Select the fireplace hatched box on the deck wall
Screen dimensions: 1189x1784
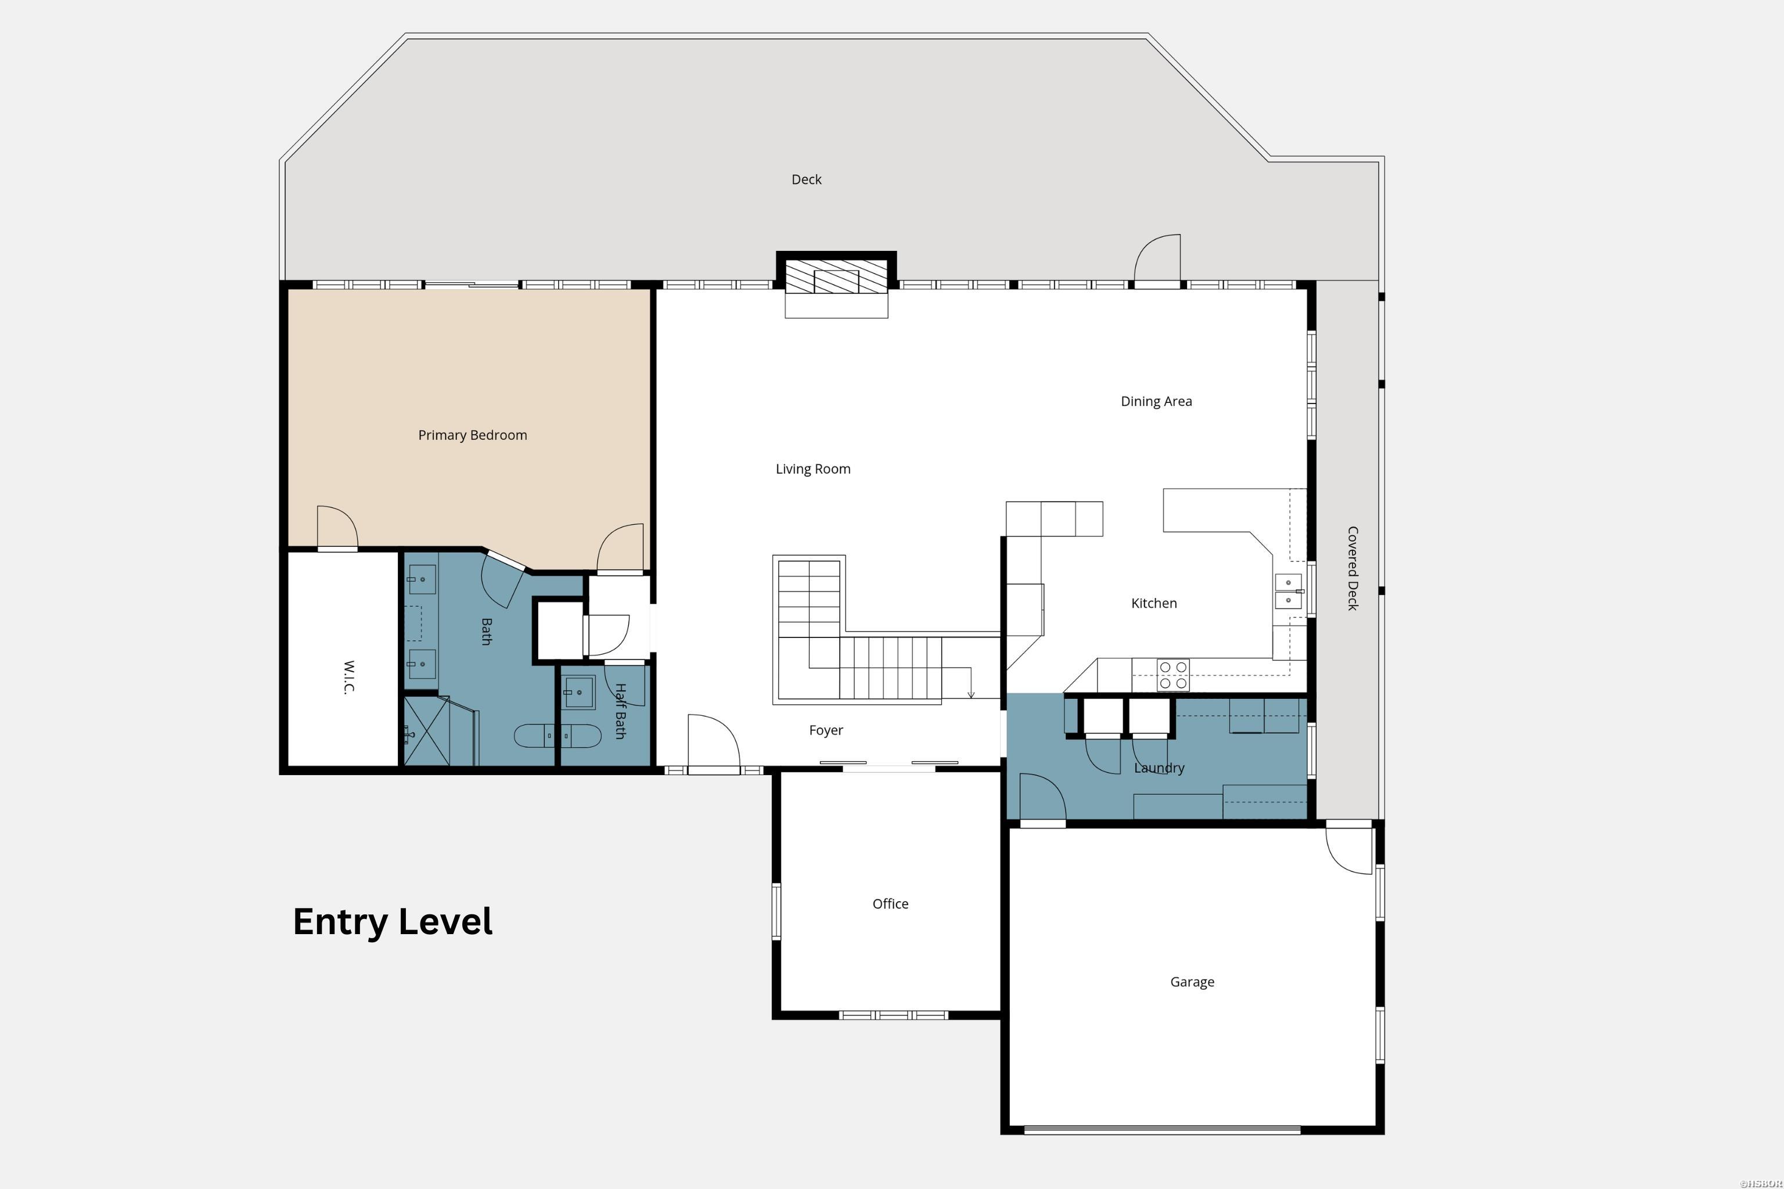coord(836,277)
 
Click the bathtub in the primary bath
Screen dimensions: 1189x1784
coord(557,736)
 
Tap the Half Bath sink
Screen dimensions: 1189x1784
coord(579,692)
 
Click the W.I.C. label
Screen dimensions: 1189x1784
coord(349,676)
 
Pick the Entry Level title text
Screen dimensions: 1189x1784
coord(392,921)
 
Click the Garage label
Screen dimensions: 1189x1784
coord(1192,982)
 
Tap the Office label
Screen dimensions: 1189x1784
coord(890,904)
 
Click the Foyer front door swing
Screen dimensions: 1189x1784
coord(713,743)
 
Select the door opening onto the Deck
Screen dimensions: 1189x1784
coord(1157,260)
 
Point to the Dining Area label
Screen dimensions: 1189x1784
coord(1156,401)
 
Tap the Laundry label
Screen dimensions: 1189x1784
coord(1158,768)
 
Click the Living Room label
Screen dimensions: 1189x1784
coord(812,469)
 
